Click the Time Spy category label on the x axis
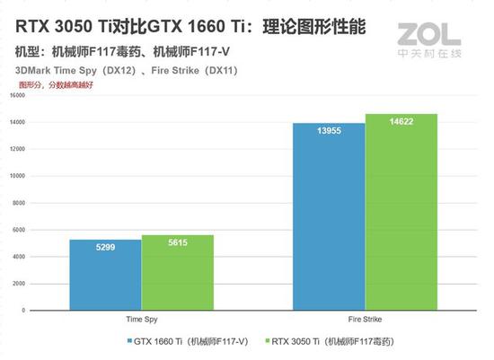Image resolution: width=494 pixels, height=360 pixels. click(x=141, y=319)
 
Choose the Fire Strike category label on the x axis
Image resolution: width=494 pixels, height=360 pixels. click(x=365, y=319)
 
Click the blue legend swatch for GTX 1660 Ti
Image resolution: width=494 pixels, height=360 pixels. click(x=119, y=341)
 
